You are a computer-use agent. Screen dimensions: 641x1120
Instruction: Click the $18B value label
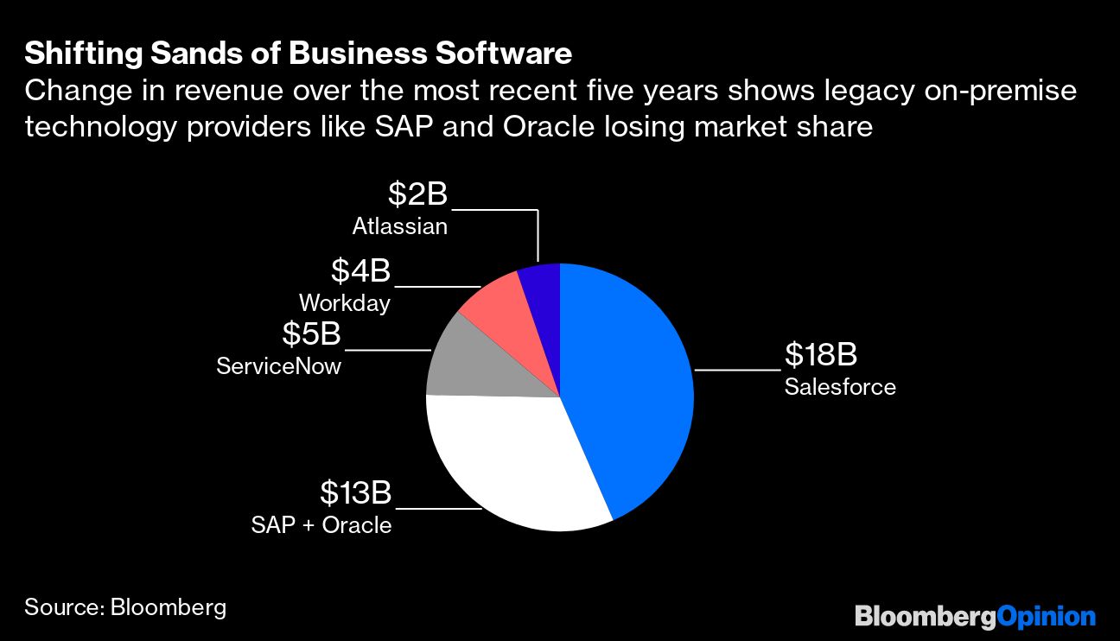[820, 354]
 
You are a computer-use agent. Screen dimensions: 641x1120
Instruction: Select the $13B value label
[356, 493]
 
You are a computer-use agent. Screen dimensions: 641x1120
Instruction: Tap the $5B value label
[311, 333]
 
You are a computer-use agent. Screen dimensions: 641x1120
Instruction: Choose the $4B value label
[360, 270]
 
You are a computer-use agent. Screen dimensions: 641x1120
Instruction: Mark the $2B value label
[417, 194]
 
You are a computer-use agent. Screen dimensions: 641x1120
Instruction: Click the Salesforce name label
[840, 386]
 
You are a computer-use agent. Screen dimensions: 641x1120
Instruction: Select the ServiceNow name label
[278, 366]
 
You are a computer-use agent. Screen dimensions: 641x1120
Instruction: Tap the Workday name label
[344, 303]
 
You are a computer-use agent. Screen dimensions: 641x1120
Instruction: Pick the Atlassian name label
[400, 227]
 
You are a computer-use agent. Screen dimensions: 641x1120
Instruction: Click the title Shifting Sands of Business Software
[298, 54]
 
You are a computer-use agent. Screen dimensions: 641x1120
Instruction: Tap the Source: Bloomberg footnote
[125, 607]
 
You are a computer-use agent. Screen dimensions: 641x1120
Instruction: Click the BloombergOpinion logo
[975, 616]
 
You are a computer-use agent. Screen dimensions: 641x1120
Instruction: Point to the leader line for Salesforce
[737, 370]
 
